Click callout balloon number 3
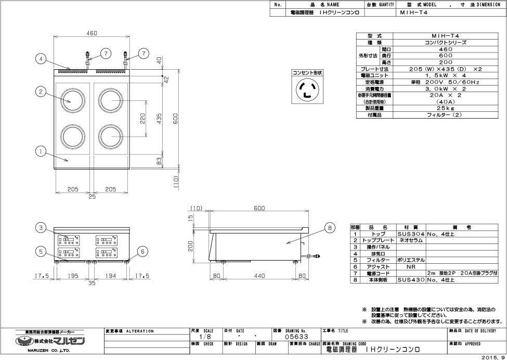42,227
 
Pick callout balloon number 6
141,250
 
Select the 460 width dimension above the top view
92,33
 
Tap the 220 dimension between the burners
142,119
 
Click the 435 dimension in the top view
159,119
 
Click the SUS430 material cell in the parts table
411,280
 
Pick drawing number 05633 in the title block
295,337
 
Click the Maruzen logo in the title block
50,341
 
